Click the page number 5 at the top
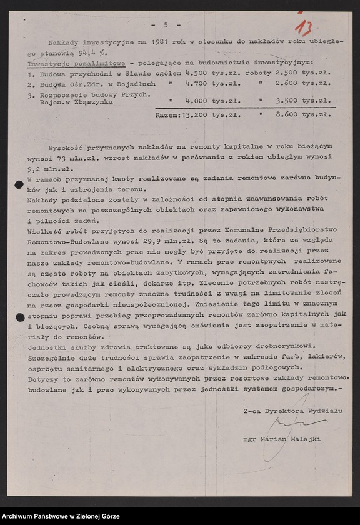point(166,25)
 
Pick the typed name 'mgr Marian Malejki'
point(282,439)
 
